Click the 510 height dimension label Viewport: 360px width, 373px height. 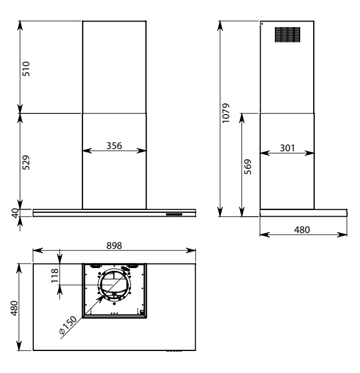(26, 69)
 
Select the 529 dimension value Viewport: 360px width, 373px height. (26, 163)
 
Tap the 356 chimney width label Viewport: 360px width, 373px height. (114, 146)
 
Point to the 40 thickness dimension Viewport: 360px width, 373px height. (15, 213)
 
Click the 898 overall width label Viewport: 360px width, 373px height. (114, 245)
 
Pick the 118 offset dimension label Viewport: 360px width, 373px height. (55, 275)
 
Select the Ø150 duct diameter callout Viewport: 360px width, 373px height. (68, 325)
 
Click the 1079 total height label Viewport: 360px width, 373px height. (226, 113)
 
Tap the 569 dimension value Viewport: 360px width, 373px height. (248, 167)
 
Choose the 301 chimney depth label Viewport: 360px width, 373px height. (287, 148)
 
